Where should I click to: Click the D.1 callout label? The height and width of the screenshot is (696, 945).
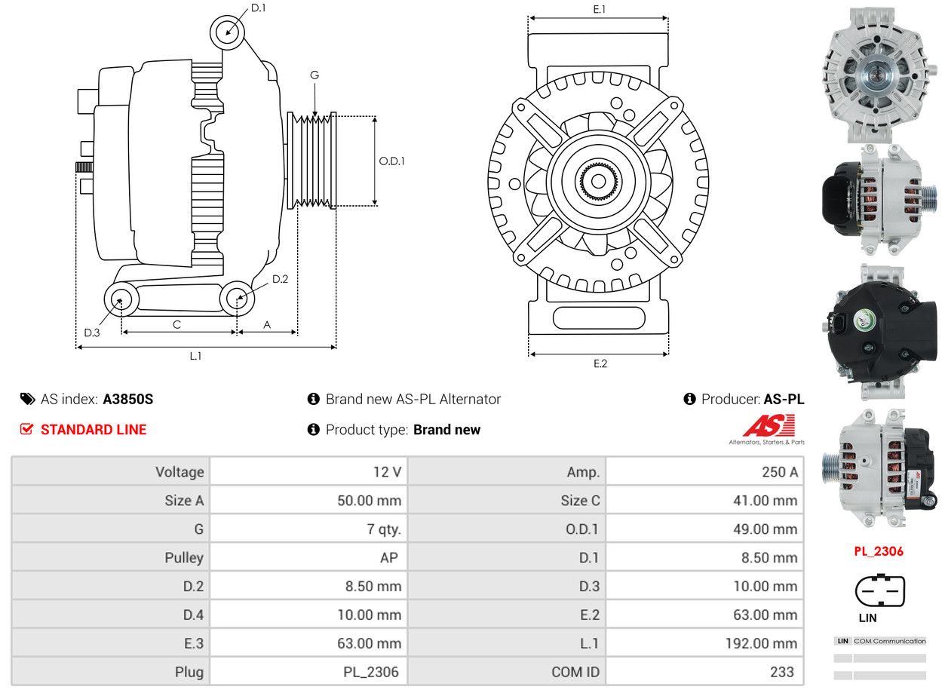(x=258, y=8)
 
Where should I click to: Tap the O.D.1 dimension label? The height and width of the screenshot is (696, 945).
(x=391, y=161)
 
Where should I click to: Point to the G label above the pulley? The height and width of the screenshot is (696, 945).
(x=314, y=75)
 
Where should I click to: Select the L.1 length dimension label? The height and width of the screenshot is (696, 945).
(x=195, y=356)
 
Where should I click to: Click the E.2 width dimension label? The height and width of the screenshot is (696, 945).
(x=600, y=364)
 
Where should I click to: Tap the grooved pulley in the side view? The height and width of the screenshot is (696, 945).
(x=313, y=161)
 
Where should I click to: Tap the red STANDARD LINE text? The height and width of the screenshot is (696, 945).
(x=94, y=430)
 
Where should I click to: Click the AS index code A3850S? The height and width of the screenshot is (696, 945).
(x=127, y=400)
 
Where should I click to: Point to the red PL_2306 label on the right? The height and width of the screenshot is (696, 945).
(x=878, y=551)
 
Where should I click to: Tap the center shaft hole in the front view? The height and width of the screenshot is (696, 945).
(x=598, y=181)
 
